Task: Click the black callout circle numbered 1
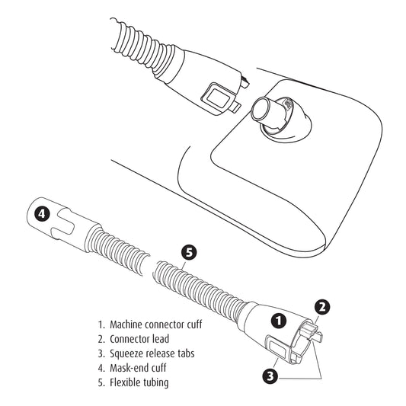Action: click(279, 321)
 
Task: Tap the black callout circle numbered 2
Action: click(322, 307)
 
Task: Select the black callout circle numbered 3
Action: click(270, 376)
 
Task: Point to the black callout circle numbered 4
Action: click(42, 213)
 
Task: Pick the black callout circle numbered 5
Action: click(189, 252)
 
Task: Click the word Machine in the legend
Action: click(126, 324)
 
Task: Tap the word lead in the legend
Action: click(161, 339)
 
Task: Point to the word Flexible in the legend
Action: click(123, 382)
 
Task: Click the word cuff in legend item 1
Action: click(194, 324)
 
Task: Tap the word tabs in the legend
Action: click(185, 353)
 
